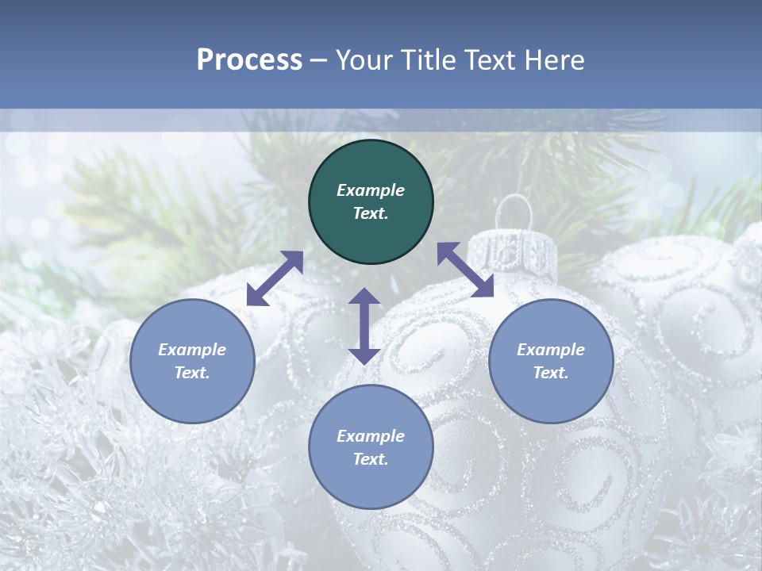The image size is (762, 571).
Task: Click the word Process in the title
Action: pyautogui.click(x=249, y=60)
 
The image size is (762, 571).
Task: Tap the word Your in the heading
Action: pyautogui.click(x=364, y=60)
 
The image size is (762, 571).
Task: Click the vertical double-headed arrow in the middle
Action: pyautogui.click(x=364, y=326)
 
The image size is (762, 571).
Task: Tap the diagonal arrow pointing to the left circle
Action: pyautogui.click(x=275, y=278)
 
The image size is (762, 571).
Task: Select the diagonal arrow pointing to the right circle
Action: pyautogui.click(x=465, y=270)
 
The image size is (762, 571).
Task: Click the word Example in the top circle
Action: pyautogui.click(x=371, y=190)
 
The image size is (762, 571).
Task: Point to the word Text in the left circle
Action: pyautogui.click(x=192, y=373)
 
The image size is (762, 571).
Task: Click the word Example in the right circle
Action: pyautogui.click(x=551, y=350)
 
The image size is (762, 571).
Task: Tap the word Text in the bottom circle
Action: pyautogui.click(x=371, y=459)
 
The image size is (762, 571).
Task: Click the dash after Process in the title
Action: pyautogui.click(x=318, y=60)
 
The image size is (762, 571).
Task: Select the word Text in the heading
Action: pyautogui.click(x=489, y=60)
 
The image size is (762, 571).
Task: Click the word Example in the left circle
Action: pyautogui.click(x=192, y=350)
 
